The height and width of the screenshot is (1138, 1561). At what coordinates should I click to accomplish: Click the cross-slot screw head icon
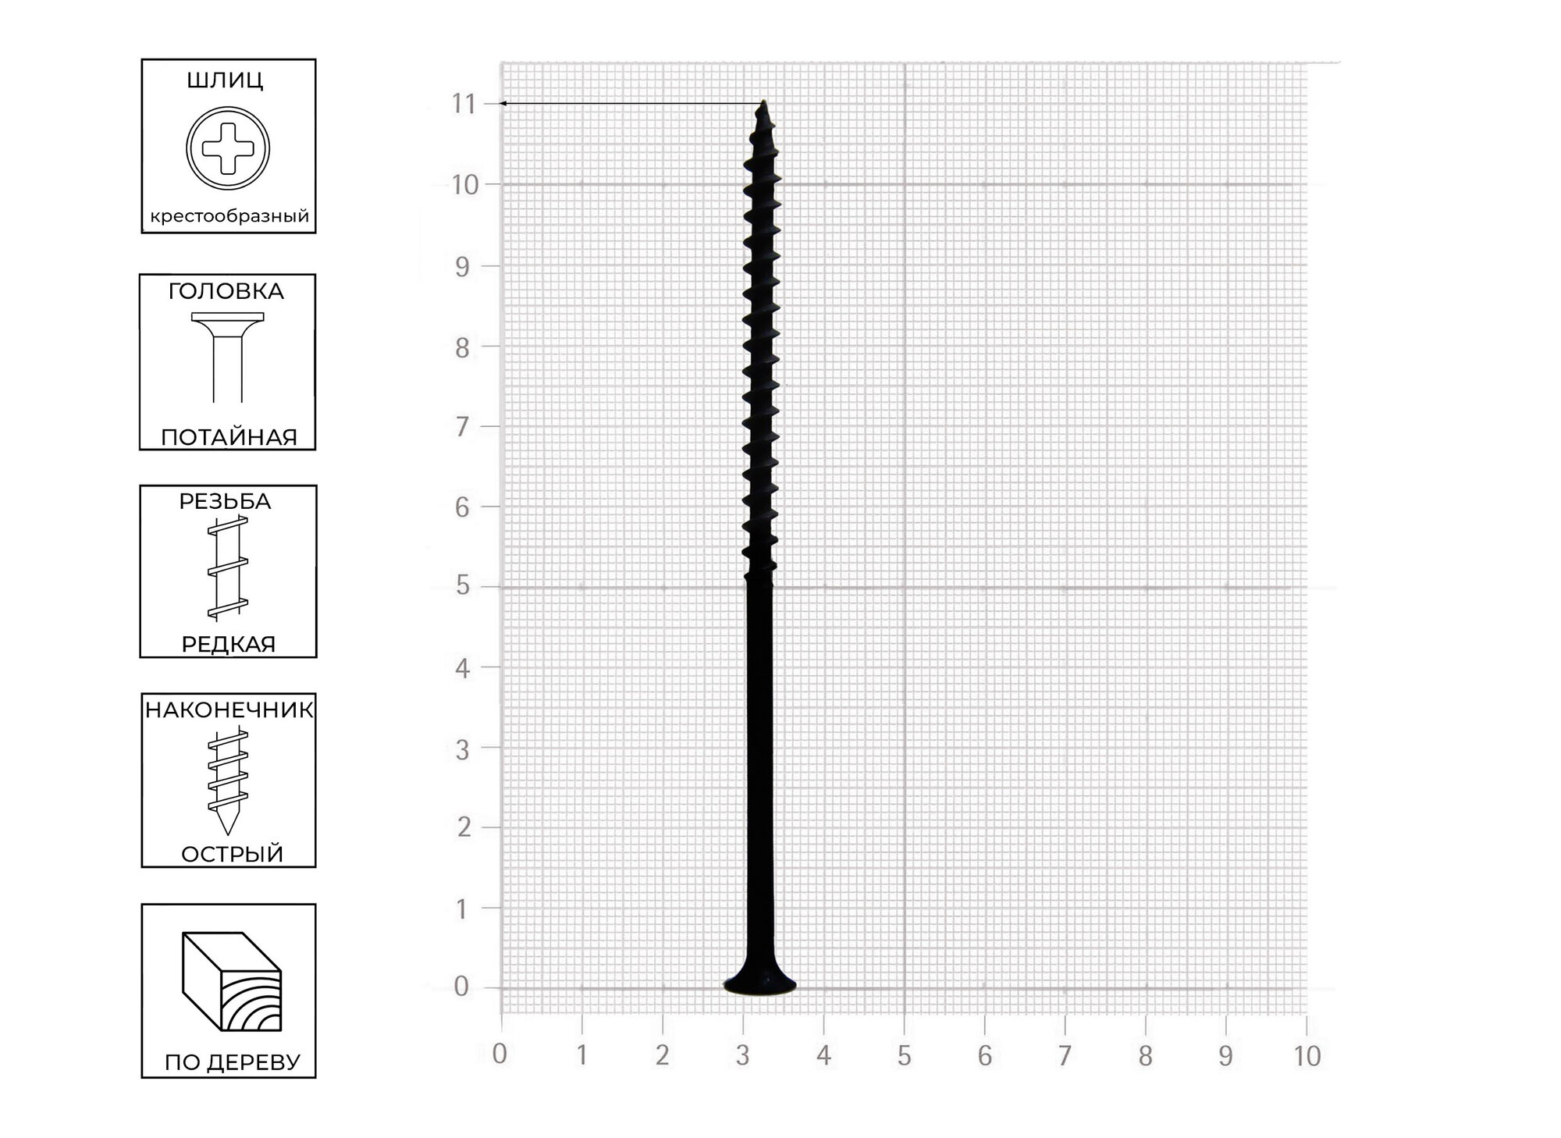(228, 148)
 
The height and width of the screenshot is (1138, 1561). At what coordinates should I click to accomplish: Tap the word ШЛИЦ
(226, 80)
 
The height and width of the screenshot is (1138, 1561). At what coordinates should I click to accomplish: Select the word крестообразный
(229, 216)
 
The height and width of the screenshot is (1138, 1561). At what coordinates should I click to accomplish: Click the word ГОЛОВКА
(226, 291)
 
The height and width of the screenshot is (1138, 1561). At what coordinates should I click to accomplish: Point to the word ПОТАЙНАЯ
(229, 437)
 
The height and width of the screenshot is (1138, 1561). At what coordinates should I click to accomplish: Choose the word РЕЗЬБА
(226, 501)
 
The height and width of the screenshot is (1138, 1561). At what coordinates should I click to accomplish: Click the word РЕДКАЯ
(229, 645)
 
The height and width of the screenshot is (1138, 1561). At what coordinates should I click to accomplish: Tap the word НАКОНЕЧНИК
(229, 709)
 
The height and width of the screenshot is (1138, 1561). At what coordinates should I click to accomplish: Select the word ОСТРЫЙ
(232, 854)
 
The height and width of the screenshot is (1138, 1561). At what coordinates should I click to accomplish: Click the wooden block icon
(232, 981)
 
